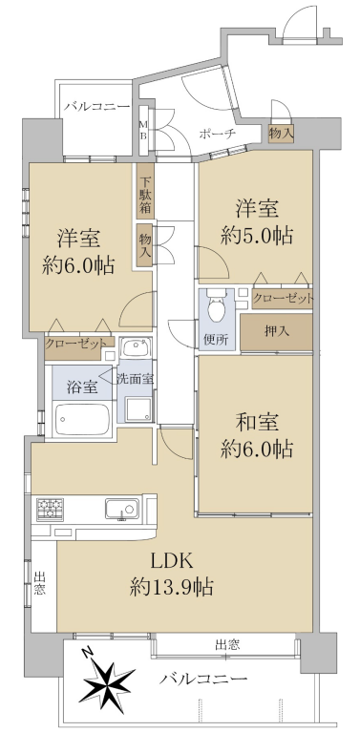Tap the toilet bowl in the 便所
point(216,306)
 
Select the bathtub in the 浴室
point(82,418)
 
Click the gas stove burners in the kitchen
point(50,509)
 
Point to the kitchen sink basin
point(122,509)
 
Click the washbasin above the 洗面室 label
point(136,347)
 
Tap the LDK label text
point(170,560)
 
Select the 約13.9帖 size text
point(172,586)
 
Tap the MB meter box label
point(144,130)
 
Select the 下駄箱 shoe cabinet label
point(145,197)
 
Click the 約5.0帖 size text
point(257,236)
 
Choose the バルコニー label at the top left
point(97,107)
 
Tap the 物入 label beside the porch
point(281,134)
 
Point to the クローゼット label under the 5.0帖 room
point(283,299)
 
